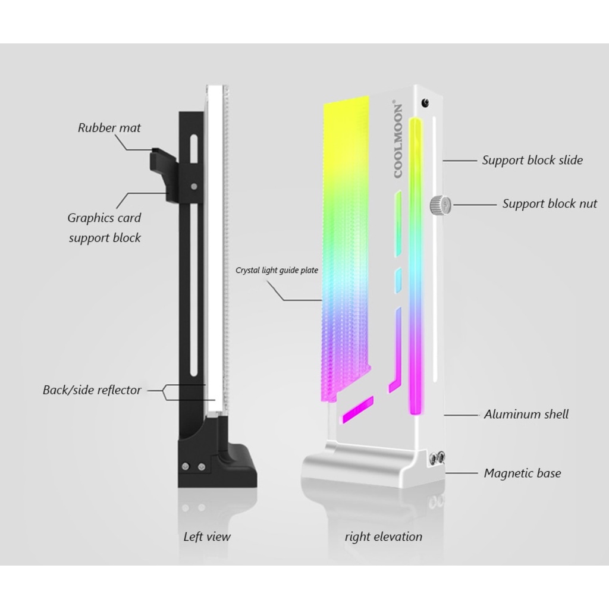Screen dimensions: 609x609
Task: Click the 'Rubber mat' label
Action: click(x=109, y=128)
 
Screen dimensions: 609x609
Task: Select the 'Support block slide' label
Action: click(x=532, y=160)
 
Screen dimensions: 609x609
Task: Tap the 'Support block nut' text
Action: click(x=550, y=203)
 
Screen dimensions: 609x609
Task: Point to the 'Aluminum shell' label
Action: click(x=526, y=414)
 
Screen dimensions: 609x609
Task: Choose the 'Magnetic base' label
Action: click(x=522, y=473)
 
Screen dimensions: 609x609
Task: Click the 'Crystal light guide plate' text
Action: click(x=277, y=271)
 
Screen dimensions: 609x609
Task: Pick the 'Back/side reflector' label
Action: click(x=92, y=390)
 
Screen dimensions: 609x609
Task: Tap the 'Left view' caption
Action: click(x=207, y=537)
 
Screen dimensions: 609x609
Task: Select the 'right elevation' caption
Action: click(x=384, y=537)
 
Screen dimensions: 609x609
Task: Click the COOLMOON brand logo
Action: click(x=398, y=139)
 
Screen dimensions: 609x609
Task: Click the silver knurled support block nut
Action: click(x=440, y=205)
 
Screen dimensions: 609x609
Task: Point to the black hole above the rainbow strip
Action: click(x=426, y=102)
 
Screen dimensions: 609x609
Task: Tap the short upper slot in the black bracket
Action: click(x=193, y=148)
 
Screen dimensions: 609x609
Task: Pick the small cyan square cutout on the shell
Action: click(x=398, y=280)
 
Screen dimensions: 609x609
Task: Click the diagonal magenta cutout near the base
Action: click(x=357, y=409)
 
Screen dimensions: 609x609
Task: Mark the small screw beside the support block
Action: click(x=193, y=186)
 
